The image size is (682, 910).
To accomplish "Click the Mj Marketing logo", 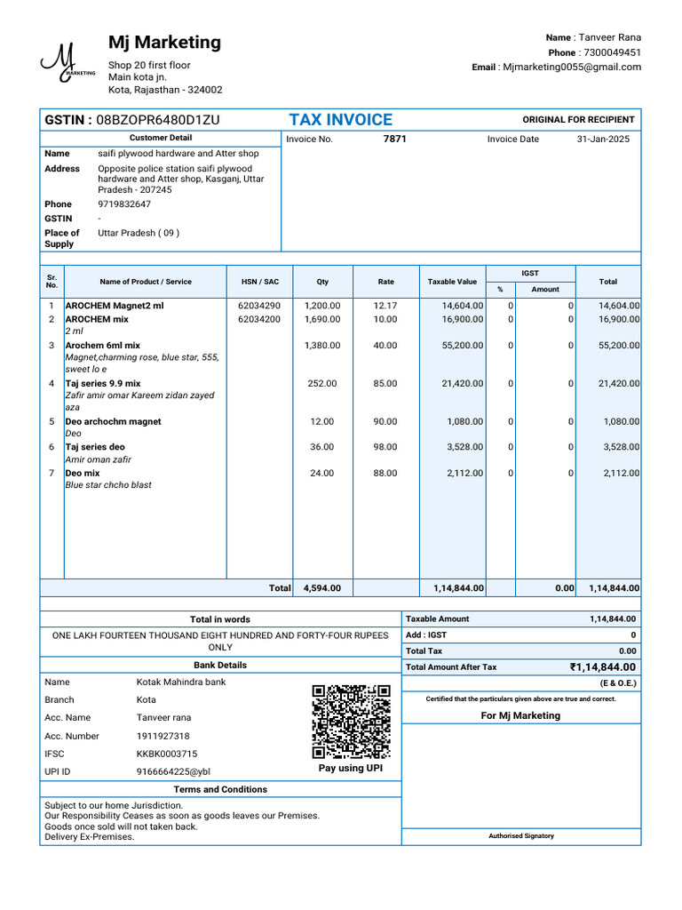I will [x=66, y=63].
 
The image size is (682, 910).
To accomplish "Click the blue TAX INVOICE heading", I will [x=340, y=120].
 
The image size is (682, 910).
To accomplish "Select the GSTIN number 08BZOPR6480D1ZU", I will [x=157, y=120].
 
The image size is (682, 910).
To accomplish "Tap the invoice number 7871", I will [x=394, y=140].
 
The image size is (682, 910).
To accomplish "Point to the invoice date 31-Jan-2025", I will [x=603, y=140].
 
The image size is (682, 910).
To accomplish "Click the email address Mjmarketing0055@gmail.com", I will [x=571, y=68].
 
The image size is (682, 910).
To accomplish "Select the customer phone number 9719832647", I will [x=124, y=204].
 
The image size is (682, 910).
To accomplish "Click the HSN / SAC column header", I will [x=259, y=282].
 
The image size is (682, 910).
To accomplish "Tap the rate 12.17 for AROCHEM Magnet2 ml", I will [x=385, y=306].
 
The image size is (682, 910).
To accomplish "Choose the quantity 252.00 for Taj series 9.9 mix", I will [x=321, y=384].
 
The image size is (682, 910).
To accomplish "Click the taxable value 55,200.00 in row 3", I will [x=463, y=345].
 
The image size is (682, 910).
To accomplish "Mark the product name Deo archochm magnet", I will [x=114, y=422].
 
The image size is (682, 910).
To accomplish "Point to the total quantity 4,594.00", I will [x=321, y=588].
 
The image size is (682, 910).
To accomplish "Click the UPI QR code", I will [x=351, y=721].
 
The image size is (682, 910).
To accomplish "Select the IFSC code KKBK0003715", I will [x=167, y=754].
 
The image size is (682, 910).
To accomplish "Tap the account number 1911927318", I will [x=163, y=736].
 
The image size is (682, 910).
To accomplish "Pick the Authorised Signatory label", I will [x=521, y=836].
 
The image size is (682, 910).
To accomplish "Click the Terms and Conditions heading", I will [x=220, y=789].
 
